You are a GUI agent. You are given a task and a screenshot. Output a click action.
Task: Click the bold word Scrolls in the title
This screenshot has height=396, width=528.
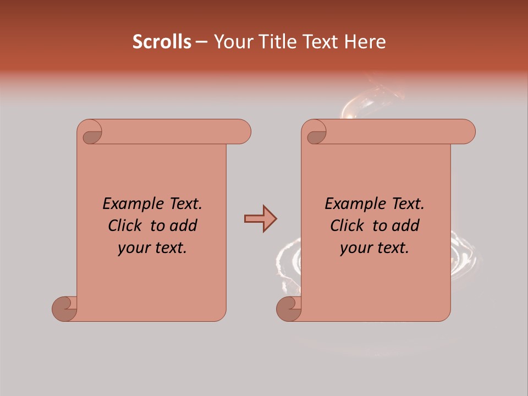click(x=162, y=42)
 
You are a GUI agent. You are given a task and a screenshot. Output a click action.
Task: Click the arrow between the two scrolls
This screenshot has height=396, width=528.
click(x=260, y=219)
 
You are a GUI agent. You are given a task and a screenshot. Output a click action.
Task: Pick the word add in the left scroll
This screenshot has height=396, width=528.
click(x=184, y=226)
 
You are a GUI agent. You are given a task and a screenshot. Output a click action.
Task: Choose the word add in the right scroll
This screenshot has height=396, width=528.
click(x=406, y=226)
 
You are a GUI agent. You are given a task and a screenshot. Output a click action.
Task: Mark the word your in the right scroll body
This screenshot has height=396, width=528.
click(x=354, y=249)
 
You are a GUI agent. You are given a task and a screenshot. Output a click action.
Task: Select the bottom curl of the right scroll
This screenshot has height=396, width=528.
click(x=289, y=309)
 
